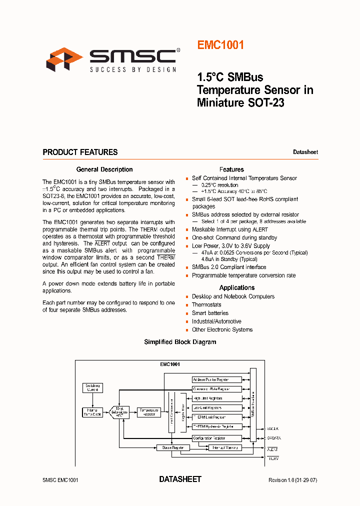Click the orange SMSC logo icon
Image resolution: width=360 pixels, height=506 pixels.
[64, 59]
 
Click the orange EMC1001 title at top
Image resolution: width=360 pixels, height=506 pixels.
[220, 45]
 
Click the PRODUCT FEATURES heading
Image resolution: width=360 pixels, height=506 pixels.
[80, 152]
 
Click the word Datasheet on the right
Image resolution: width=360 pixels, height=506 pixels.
[305, 152]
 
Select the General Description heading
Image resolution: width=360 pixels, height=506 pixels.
[104, 169]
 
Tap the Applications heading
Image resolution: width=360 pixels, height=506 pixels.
[236, 287]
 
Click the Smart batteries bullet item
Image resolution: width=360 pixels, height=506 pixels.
[210, 313]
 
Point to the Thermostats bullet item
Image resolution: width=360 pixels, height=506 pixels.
[206, 304]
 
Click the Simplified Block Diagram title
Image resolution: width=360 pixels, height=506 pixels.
[180, 342]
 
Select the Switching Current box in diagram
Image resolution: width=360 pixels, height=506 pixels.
[92, 387]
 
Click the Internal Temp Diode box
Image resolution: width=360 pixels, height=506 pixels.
[92, 412]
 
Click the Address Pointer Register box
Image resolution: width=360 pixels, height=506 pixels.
[217, 380]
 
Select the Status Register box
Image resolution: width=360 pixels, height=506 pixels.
[173, 447]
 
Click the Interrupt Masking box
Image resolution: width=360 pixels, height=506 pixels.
[224, 447]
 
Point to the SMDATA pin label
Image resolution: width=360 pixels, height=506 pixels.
[273, 437]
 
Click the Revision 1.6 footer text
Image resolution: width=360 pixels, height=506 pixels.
[292, 480]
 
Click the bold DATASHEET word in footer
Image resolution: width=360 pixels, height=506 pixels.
[180, 479]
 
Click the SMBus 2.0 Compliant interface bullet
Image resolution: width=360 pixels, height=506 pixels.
[228, 267]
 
